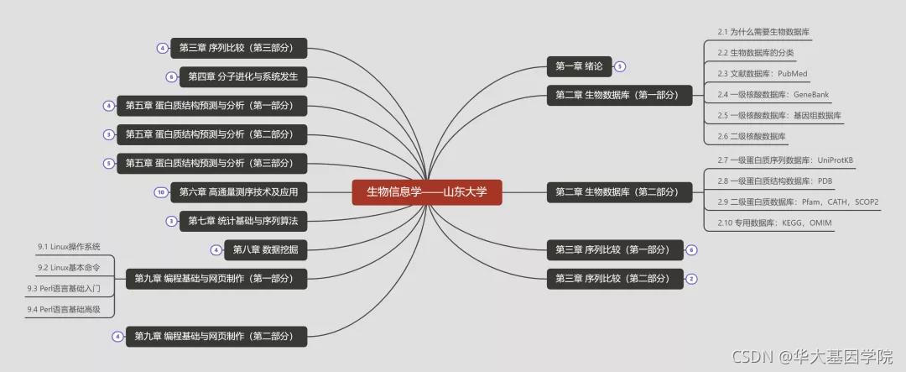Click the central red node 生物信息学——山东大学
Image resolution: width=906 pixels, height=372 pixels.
[x=426, y=192]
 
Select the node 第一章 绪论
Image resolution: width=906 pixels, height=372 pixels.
[x=578, y=66]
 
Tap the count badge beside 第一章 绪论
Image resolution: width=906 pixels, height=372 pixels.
[x=620, y=66]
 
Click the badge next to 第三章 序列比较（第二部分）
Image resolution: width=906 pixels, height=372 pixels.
[x=691, y=279]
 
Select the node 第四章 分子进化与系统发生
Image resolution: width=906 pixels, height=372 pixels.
[x=243, y=77]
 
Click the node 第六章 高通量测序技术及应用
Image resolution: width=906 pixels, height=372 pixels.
[x=239, y=192]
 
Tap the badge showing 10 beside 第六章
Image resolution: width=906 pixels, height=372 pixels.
[x=160, y=192]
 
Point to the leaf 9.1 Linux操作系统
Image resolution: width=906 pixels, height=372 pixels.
[x=69, y=247]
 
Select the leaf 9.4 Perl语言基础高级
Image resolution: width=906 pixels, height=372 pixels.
[x=64, y=310]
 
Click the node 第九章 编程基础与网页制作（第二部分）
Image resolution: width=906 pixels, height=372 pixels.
[x=216, y=337]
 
